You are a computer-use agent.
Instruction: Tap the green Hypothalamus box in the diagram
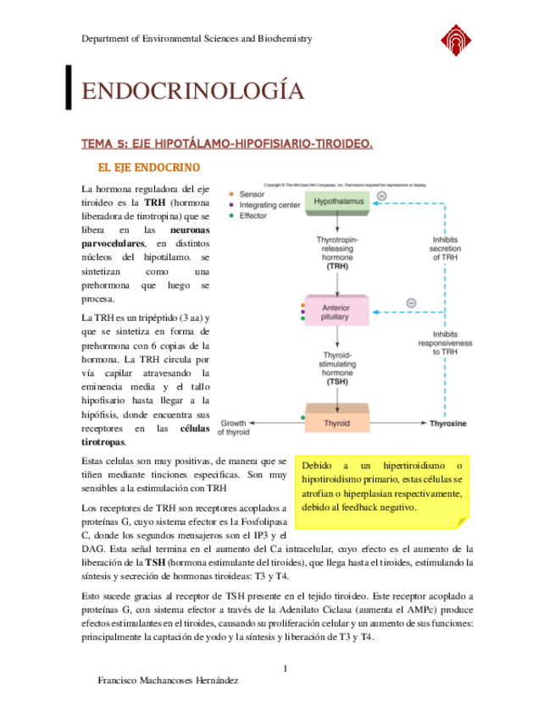click(x=338, y=202)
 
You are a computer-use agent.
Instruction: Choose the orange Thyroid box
click(x=337, y=423)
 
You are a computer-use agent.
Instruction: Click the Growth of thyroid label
click(x=234, y=427)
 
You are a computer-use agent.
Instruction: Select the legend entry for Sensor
click(x=253, y=194)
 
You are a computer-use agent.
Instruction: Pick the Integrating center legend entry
click(x=269, y=205)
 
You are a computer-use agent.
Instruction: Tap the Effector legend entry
click(x=253, y=216)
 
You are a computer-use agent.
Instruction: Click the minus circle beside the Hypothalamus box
click(x=381, y=196)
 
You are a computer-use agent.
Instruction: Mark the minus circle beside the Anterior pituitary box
click(x=411, y=302)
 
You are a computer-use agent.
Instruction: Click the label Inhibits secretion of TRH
click(x=446, y=248)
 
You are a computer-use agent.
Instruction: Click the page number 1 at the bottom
click(x=286, y=669)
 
